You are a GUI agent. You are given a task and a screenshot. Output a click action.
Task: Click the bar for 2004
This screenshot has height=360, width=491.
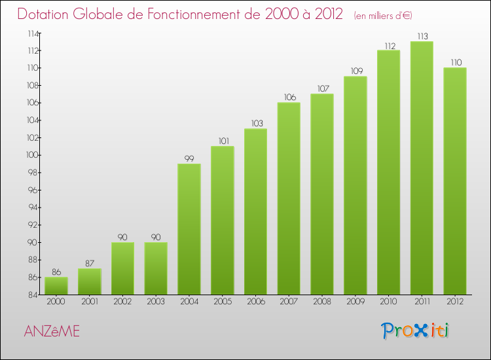189,229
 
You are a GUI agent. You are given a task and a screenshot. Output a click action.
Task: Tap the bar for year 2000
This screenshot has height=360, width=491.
56,286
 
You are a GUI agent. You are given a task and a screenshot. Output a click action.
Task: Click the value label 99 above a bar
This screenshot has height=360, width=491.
189,158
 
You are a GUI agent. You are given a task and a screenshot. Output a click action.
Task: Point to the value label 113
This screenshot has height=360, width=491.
422,37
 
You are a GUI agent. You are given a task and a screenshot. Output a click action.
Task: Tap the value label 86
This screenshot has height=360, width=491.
56,272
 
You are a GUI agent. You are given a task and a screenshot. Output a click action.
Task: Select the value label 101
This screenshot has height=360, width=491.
223,141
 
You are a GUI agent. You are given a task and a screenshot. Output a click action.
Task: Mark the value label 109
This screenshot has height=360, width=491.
355,71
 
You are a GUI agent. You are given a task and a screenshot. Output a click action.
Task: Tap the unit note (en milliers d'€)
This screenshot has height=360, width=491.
383,15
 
